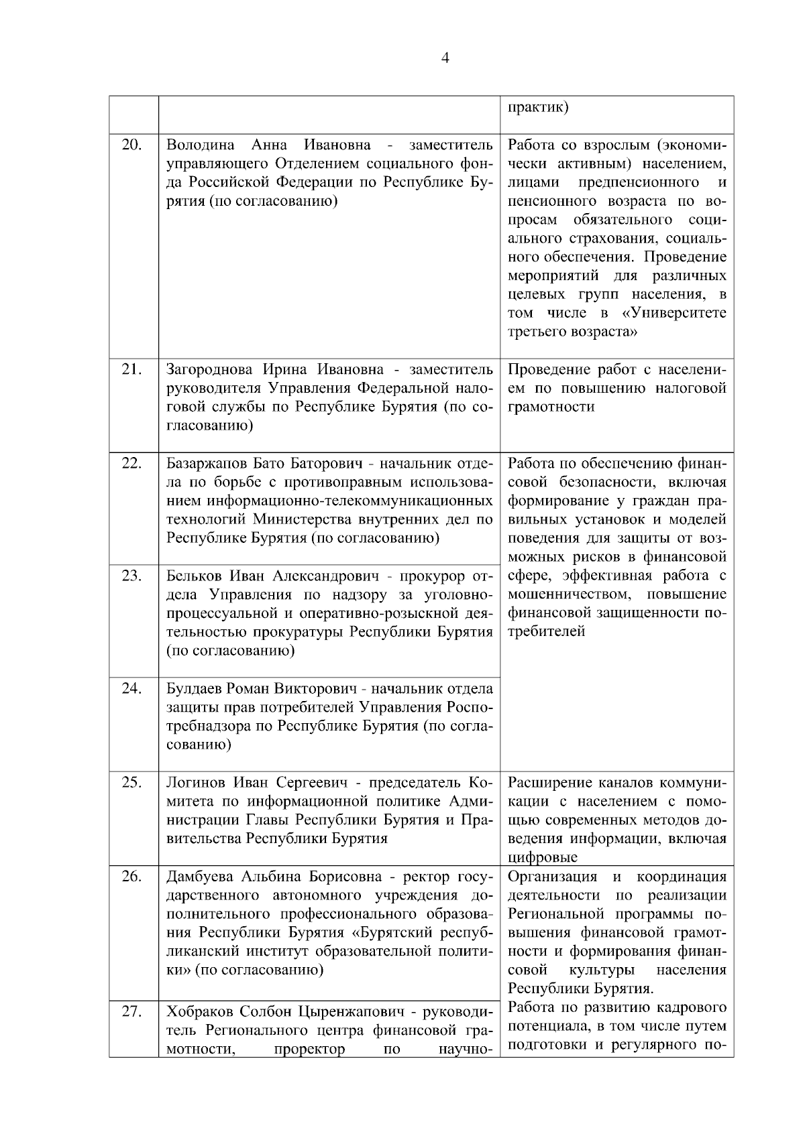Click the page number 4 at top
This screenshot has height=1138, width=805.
[445, 58]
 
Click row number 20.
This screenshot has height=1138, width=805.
[132, 145]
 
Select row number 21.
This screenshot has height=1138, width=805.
[132, 369]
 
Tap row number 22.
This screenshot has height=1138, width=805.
[132, 463]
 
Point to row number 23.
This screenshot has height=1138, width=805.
[132, 576]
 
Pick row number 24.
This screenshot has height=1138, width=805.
[132, 688]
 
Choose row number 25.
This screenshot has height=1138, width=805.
[132, 782]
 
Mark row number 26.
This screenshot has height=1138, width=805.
[132, 877]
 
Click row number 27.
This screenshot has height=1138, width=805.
[132, 1011]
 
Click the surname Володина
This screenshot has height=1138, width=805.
[200, 145]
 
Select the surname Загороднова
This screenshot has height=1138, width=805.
[209, 369]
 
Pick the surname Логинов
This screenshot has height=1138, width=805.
[195, 782]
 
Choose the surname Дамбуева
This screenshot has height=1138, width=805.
[199, 877]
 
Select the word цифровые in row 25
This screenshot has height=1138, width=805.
[543, 857]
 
